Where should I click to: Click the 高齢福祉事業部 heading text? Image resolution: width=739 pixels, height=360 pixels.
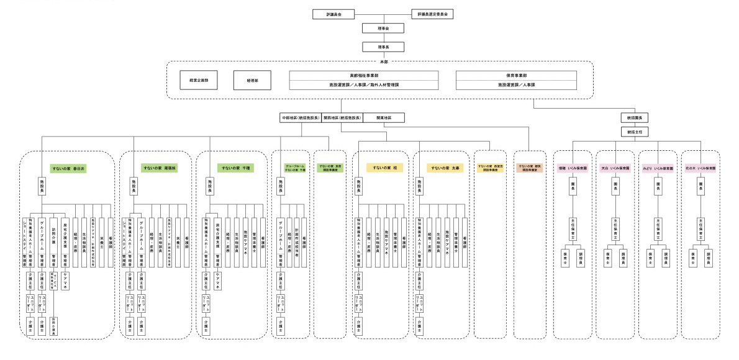click(364, 74)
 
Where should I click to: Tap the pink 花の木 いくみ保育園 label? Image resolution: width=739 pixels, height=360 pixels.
click(700, 168)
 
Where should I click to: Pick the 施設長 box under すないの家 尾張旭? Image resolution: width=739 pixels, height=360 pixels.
click(134, 185)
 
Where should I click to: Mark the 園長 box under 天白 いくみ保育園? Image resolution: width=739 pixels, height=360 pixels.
click(615, 185)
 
